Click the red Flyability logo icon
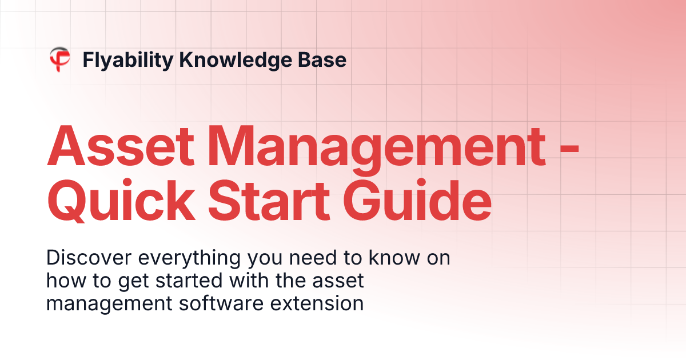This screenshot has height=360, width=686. (59, 59)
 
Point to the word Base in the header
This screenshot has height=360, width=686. (325, 59)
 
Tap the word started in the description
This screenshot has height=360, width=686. (201, 281)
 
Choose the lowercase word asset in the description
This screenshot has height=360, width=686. (342, 281)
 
